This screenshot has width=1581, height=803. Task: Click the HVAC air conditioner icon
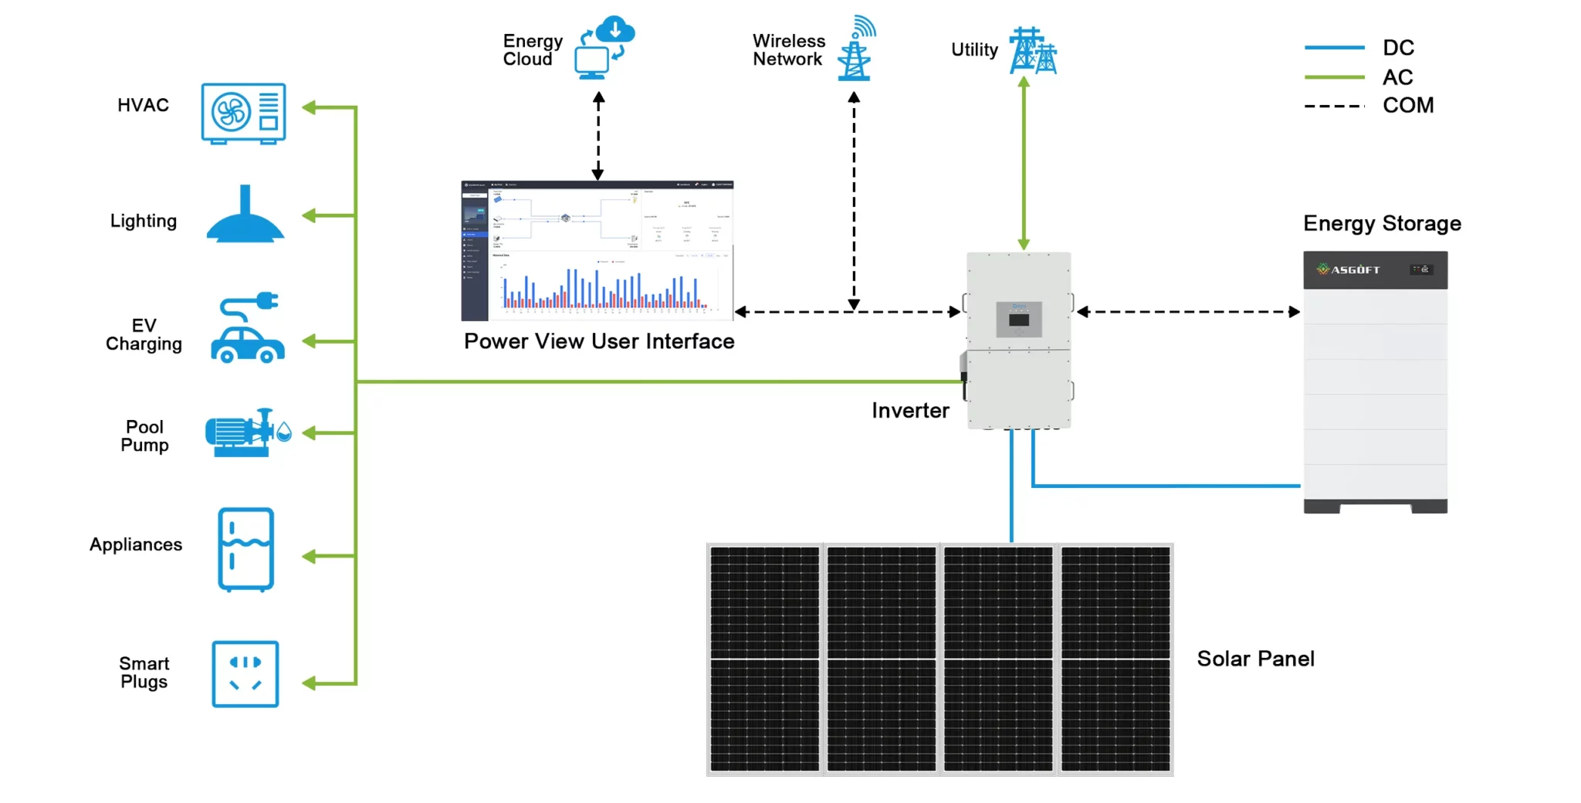click(243, 113)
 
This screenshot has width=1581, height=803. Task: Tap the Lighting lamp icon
click(245, 216)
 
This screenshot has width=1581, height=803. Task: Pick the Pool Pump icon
click(247, 433)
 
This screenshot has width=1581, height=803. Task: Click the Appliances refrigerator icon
click(246, 549)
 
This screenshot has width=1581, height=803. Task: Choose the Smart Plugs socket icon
click(245, 673)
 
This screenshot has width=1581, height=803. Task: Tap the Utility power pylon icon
click(1032, 51)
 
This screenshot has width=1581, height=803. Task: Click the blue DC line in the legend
click(1334, 48)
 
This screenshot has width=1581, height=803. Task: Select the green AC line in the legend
click(1334, 77)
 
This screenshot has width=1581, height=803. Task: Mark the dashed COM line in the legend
click(1334, 106)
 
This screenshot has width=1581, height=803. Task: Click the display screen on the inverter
click(1019, 320)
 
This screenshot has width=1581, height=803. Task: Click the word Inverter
click(910, 411)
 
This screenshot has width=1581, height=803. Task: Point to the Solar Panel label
click(1255, 659)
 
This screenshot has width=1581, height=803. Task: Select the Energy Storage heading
click(1382, 224)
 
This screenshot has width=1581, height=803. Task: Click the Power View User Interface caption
click(599, 341)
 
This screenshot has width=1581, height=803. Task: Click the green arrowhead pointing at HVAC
click(309, 107)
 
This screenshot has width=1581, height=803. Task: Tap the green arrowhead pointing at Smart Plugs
click(309, 683)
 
